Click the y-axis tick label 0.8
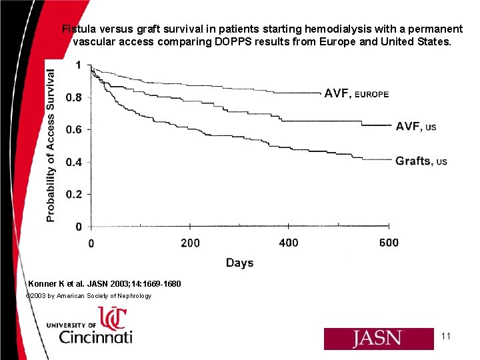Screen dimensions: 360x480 (x=73, y=97)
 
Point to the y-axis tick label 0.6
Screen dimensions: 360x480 (x=73, y=129)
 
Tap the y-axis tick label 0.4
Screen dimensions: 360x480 (x=73, y=162)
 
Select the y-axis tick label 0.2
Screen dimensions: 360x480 (x=73, y=194)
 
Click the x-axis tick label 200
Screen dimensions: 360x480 (x=190, y=243)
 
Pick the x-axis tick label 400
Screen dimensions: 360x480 (x=289, y=243)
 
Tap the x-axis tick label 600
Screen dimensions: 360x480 (x=388, y=243)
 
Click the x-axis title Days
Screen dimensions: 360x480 (x=239, y=263)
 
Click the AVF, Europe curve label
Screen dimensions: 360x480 (x=356, y=94)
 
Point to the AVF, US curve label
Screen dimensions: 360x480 (x=416, y=126)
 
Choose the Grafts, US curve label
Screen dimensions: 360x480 (x=421, y=161)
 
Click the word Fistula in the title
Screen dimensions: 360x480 (x=80, y=29)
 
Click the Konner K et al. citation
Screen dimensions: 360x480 (x=104, y=284)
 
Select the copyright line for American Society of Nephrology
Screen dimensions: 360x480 (x=88, y=295)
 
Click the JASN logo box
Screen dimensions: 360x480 (x=378, y=339)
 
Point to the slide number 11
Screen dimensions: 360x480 (x=446, y=336)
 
